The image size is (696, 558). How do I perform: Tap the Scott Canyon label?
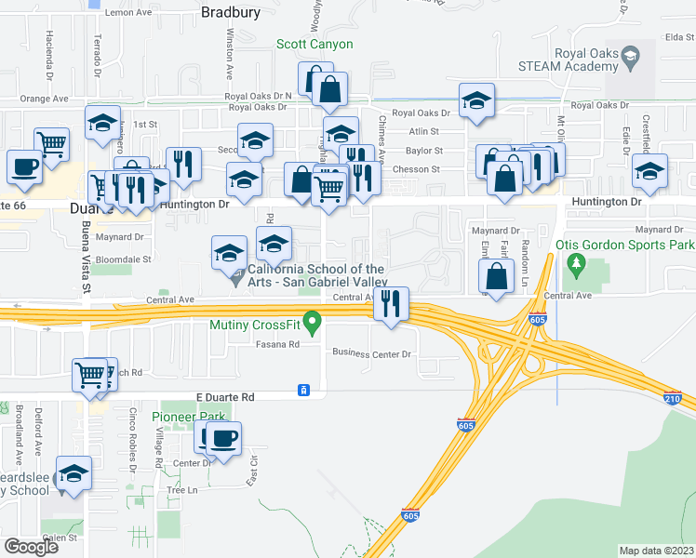point(314,44)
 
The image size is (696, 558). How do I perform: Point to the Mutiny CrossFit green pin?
point(314,325)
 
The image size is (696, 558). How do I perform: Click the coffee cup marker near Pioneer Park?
point(222,439)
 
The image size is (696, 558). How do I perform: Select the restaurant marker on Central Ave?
point(392,303)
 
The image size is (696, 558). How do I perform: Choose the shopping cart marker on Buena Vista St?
point(90,376)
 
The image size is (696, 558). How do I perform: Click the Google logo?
point(31,546)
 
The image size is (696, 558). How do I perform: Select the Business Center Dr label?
point(372,354)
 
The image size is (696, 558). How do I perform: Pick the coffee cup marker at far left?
point(24,167)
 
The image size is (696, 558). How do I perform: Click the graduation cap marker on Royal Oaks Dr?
point(476,100)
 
